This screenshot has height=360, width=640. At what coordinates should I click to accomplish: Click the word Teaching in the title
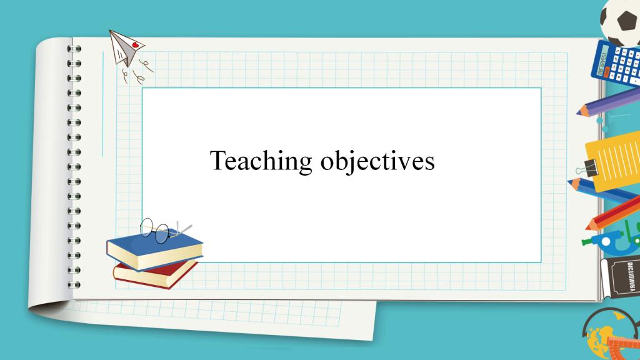pos(261,161)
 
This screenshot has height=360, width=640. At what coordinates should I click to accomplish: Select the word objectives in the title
pos(377,161)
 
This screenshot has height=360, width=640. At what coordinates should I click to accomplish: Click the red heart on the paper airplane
pos(136,44)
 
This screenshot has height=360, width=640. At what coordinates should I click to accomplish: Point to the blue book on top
pos(154,250)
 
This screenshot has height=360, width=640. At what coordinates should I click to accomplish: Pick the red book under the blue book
pos(155,274)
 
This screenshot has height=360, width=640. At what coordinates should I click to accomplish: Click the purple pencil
pos(608,102)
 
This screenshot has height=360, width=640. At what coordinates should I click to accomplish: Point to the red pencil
pos(612,214)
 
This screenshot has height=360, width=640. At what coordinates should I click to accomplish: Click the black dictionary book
pos(621,277)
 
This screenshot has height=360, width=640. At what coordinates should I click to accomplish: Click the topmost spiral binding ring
pos(74,49)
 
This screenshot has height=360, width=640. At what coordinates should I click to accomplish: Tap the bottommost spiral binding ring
pos(74,285)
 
